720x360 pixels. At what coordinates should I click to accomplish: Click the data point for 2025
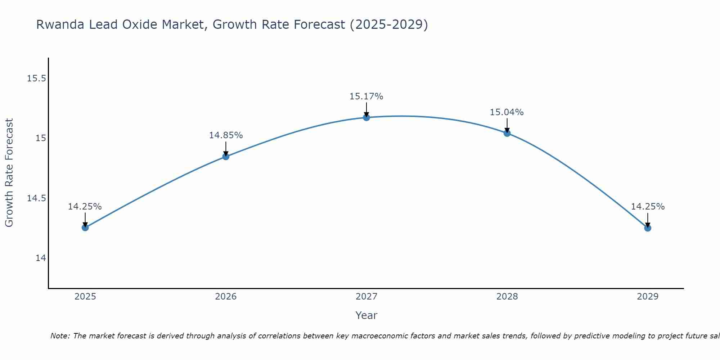(x=85, y=228)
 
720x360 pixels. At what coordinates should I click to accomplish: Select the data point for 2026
(x=226, y=156)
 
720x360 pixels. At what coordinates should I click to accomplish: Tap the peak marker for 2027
(x=366, y=117)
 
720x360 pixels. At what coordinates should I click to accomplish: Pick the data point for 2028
(x=507, y=133)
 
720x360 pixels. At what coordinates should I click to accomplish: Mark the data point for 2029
(x=648, y=228)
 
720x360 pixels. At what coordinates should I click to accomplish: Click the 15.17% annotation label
(x=366, y=96)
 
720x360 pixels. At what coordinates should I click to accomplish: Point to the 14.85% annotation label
(x=226, y=135)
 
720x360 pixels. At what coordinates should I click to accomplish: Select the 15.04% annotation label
(x=507, y=112)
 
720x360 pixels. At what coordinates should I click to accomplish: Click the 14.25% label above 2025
(x=85, y=207)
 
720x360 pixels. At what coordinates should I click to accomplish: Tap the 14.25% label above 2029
(x=648, y=207)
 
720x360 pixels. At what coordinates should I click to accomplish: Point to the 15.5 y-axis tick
(x=36, y=78)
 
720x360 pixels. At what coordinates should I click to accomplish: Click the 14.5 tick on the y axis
(x=36, y=198)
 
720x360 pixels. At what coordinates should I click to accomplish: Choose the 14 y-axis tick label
(x=41, y=258)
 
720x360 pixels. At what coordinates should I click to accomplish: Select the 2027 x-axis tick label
(x=366, y=297)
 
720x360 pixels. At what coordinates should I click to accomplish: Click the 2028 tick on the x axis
(x=507, y=297)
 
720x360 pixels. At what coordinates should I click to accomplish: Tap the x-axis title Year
(x=366, y=315)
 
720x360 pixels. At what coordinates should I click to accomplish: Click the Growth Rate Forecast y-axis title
(x=9, y=173)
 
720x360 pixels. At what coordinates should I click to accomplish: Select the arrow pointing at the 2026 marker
(x=226, y=149)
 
